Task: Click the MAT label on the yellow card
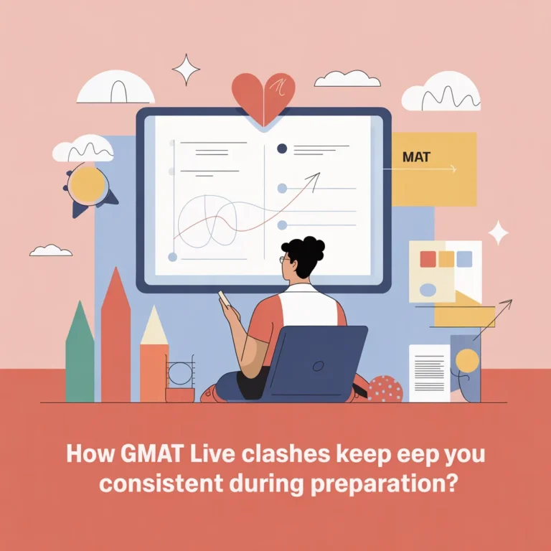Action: [x=417, y=156]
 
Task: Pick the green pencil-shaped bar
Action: [x=80, y=355]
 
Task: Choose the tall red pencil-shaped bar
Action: [x=116, y=337]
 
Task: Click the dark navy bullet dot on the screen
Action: [x=282, y=149]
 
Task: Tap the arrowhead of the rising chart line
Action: [x=315, y=175]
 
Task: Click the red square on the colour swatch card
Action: [x=429, y=259]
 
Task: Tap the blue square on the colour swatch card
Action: [x=464, y=259]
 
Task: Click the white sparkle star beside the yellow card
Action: [x=498, y=232]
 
